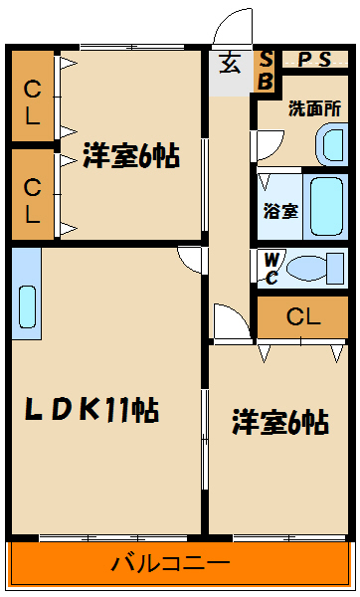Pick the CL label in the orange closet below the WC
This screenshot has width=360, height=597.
tap(303, 317)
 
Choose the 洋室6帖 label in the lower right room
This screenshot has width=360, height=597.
tap(280, 422)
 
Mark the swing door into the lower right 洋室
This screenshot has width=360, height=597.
tap(228, 323)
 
